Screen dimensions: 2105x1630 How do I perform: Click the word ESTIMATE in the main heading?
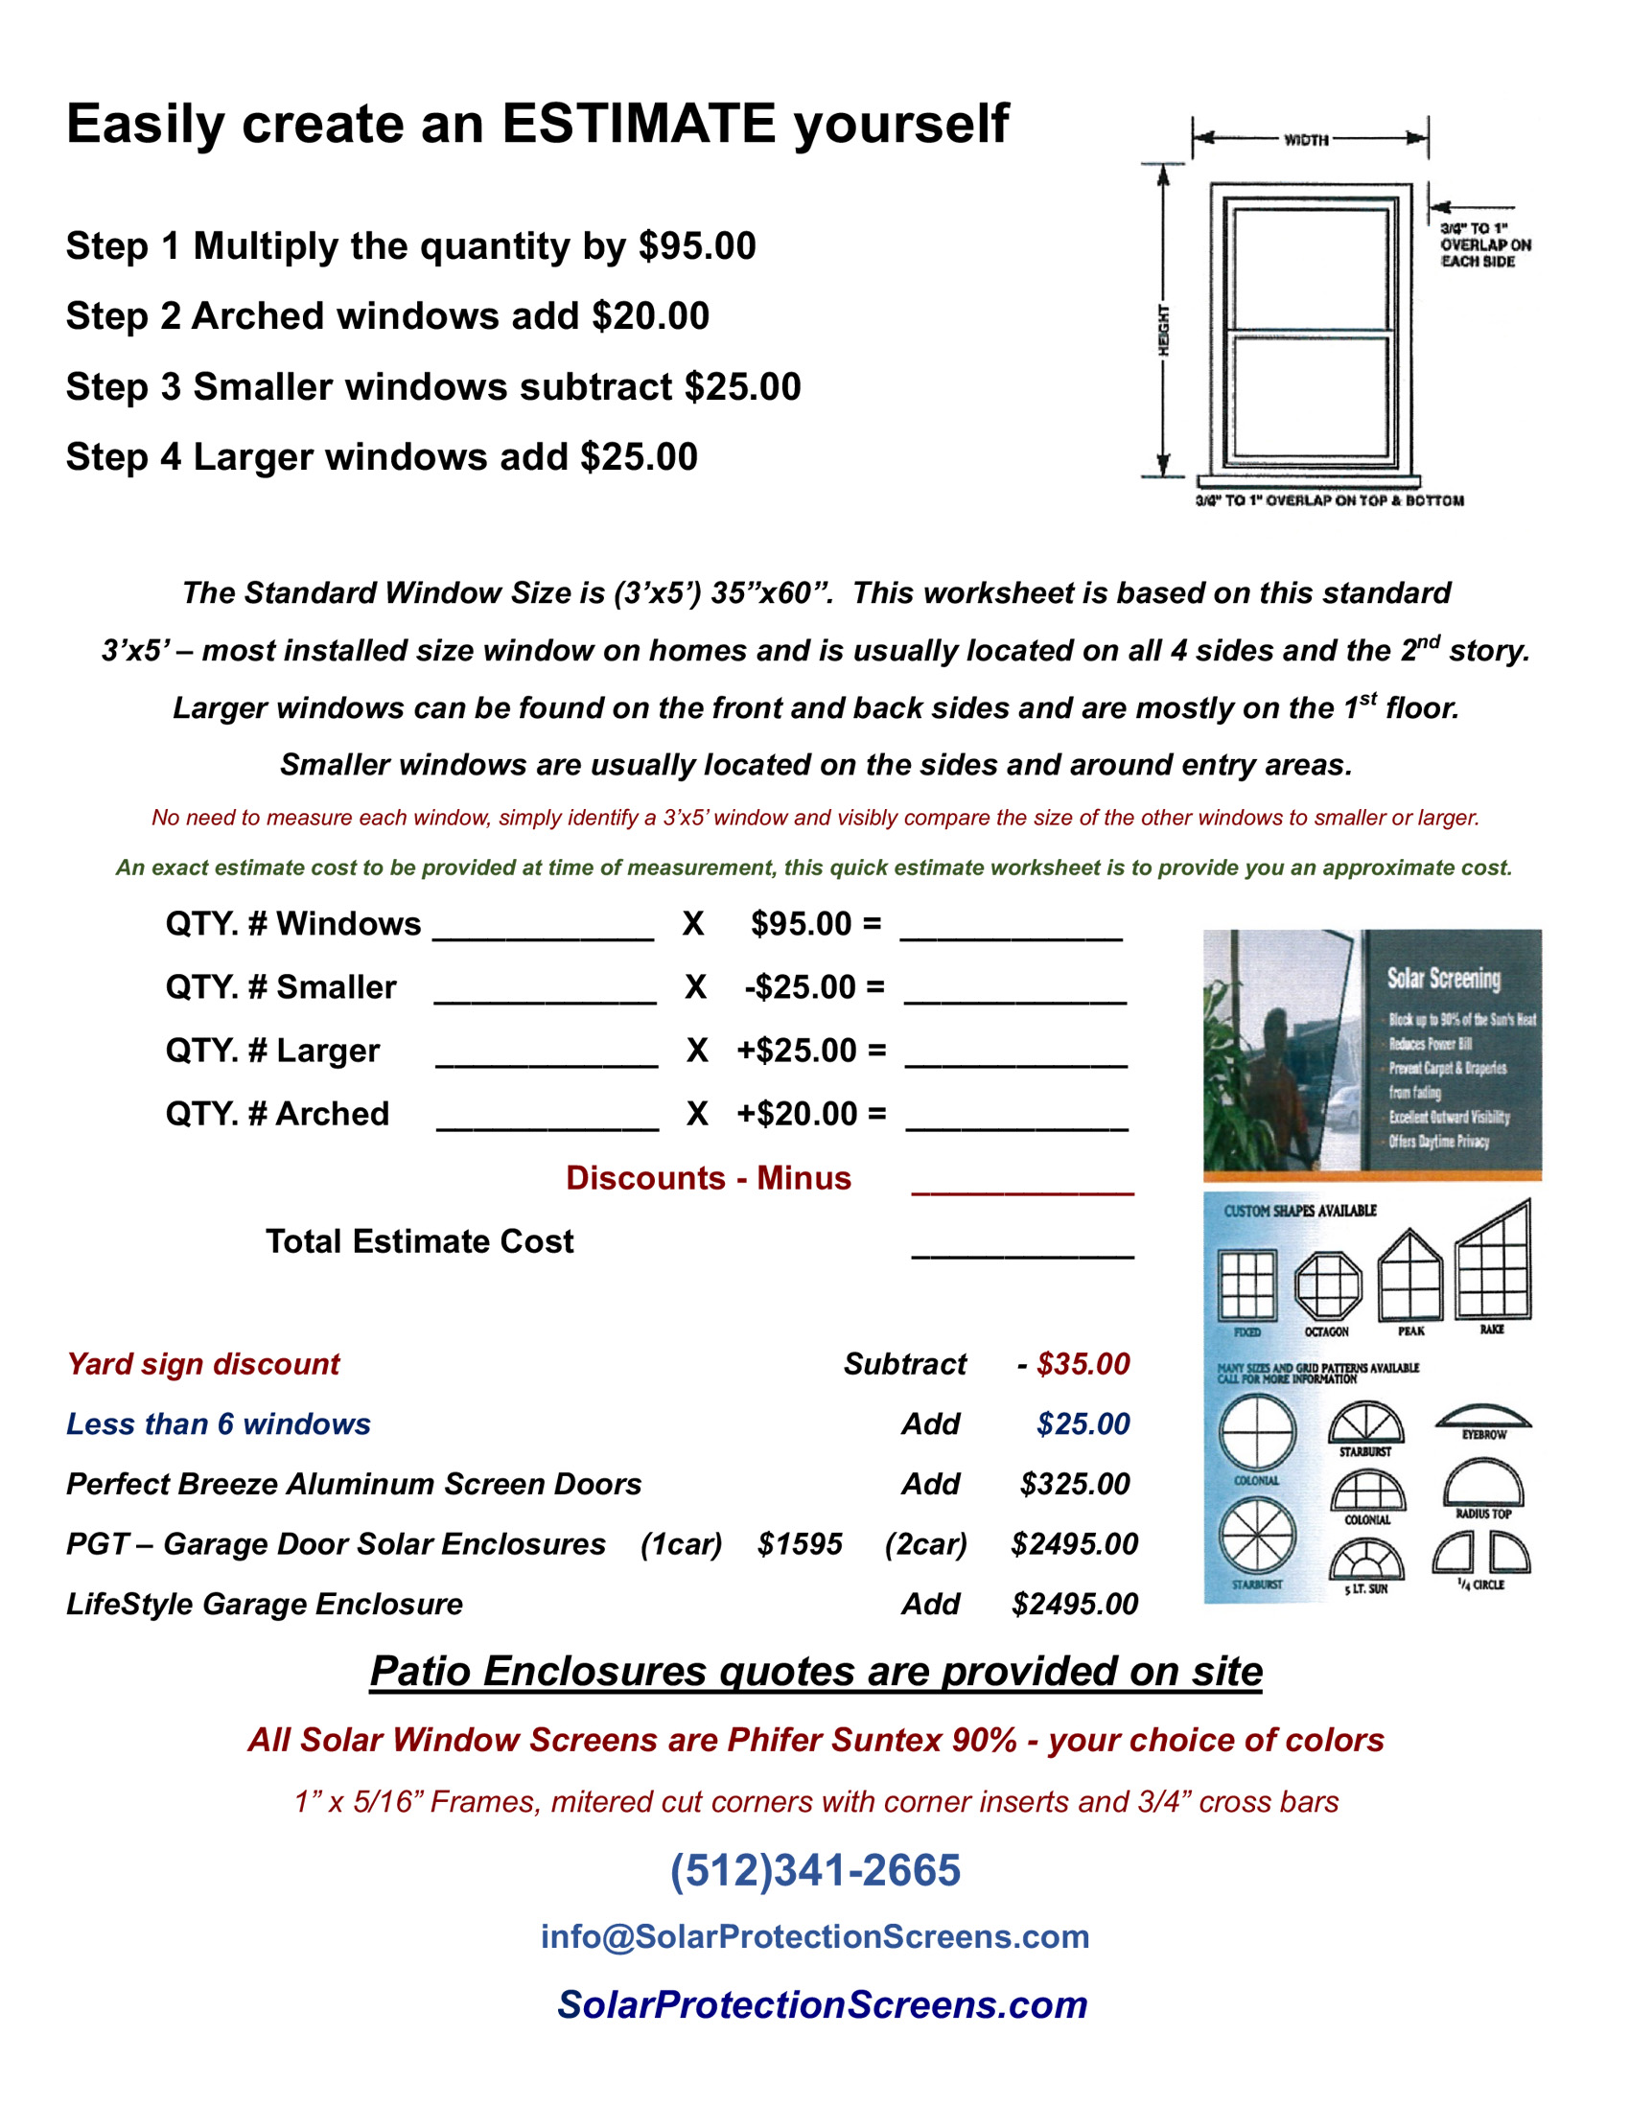(638, 125)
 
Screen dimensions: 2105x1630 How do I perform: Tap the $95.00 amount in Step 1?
(697, 245)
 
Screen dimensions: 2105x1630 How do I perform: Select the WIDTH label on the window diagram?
(1306, 140)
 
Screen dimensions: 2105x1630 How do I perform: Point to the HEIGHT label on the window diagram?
(1163, 331)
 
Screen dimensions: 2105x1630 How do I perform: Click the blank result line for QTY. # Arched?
(1017, 1116)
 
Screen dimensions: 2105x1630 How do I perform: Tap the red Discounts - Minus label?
(708, 1178)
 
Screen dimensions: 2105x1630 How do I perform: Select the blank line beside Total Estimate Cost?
(1022, 1243)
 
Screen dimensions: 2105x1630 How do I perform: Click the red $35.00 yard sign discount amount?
(1083, 1364)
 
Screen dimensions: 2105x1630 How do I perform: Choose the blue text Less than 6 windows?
(218, 1423)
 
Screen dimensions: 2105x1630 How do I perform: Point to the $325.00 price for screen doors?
(1074, 1483)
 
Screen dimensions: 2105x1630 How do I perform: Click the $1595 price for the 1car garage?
(799, 1544)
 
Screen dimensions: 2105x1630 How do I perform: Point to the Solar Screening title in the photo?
(1443, 979)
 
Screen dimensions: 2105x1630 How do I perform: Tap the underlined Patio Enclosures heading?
(816, 1671)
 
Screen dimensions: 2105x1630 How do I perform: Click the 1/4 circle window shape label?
(1480, 1585)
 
